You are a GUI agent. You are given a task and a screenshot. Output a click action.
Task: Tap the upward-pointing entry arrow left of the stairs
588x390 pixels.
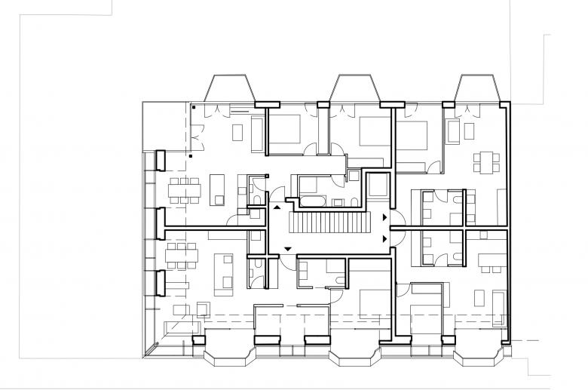pos(277,206)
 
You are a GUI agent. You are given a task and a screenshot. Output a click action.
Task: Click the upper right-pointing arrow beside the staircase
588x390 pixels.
pos(387,217)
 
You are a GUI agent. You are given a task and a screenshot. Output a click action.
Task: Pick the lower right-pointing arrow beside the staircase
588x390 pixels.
pos(387,238)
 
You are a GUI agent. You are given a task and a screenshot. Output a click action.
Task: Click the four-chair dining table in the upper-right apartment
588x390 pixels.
pos(486,161)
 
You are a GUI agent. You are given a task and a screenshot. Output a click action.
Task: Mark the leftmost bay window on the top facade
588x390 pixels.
pos(229,88)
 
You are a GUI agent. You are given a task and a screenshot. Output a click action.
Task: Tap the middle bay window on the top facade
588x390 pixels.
pos(354,88)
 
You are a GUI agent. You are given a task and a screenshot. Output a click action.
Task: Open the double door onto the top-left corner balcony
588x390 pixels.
pos(198,139)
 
